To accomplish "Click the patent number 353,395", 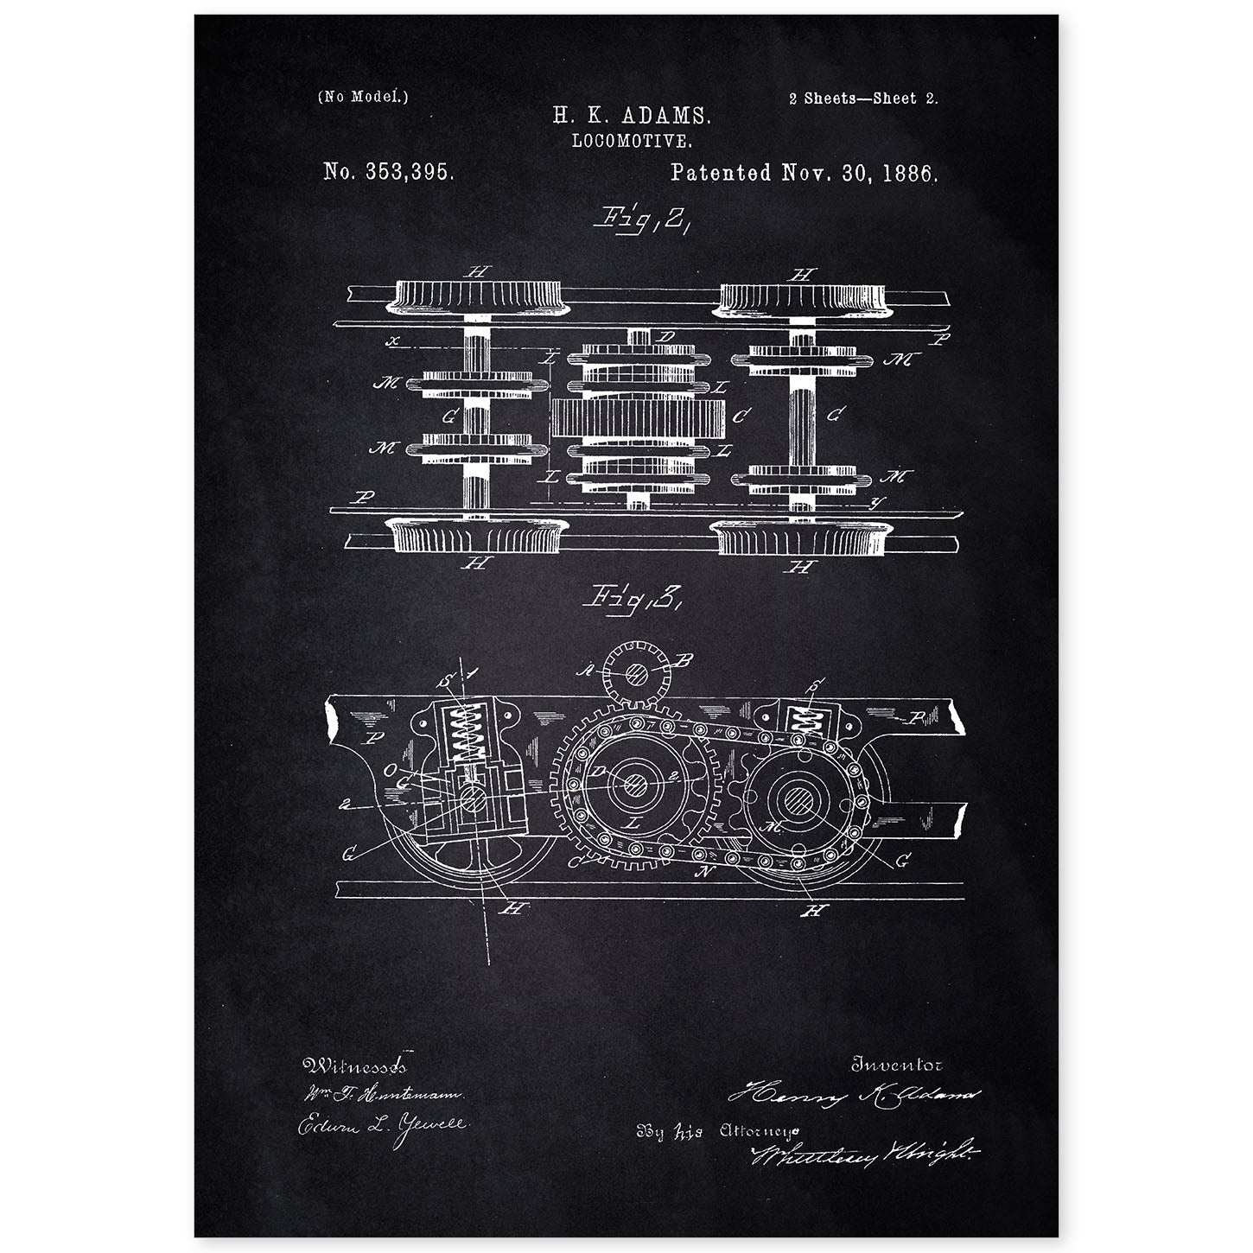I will (x=389, y=172).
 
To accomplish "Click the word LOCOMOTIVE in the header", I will (x=632, y=138).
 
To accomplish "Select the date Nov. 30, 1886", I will (x=859, y=172).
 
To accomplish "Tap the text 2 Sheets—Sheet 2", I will (x=862, y=98).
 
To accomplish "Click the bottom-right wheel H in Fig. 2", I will (x=800, y=538).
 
